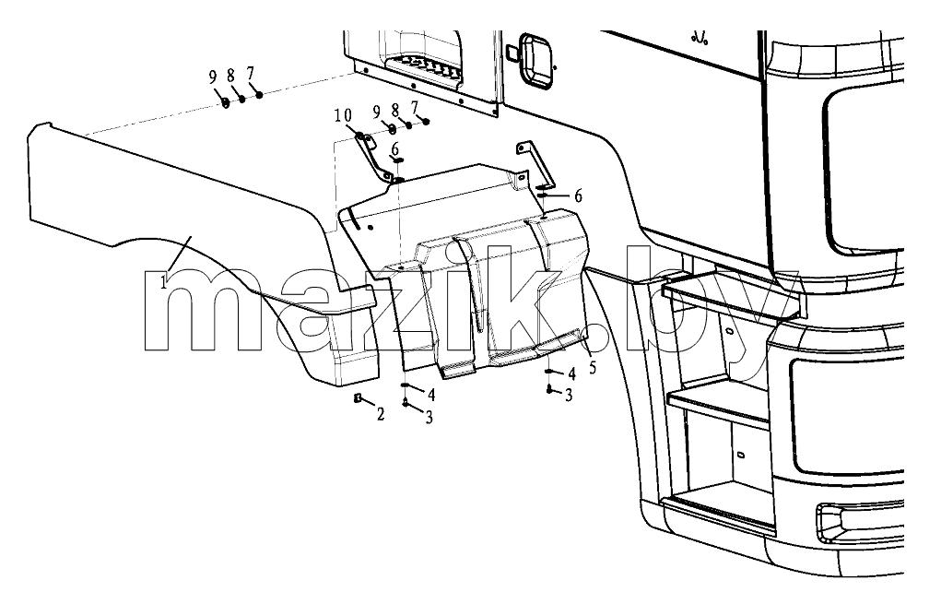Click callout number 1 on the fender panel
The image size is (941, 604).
[164, 281]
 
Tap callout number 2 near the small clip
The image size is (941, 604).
[381, 414]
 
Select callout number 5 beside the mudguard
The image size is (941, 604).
[593, 367]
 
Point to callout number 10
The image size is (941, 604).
[343, 115]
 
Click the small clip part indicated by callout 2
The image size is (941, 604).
[358, 398]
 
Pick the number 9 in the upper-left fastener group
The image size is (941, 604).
[213, 77]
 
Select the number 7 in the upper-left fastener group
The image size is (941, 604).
[250, 74]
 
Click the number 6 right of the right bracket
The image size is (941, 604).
[578, 195]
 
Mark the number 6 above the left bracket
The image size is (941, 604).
[394, 148]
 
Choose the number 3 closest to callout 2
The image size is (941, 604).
[429, 418]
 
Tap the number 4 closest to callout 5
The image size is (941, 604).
[571, 374]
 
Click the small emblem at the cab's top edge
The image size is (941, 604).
[700, 38]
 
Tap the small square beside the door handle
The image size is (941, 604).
[511, 53]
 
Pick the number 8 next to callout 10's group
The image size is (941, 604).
[394, 111]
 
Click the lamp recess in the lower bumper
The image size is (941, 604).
[859, 520]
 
